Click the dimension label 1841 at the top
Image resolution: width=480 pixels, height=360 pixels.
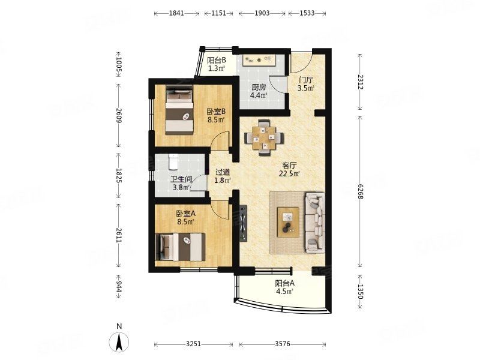[176, 13]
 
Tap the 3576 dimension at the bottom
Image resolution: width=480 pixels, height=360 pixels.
[282, 344]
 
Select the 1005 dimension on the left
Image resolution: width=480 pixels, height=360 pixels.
[119, 65]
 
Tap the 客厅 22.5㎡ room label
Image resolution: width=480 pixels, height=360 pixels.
[289, 170]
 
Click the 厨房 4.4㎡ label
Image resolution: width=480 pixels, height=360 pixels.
[259, 91]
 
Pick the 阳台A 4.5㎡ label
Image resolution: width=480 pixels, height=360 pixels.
[284, 287]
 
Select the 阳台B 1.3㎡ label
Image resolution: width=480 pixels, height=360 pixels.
[217, 64]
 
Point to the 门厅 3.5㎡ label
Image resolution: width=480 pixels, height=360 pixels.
[306, 84]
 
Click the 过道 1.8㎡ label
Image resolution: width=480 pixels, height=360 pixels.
[222, 176]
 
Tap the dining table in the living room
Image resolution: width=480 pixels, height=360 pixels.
[263, 138]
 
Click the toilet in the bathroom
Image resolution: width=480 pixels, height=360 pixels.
[173, 162]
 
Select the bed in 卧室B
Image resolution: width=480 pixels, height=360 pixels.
[179, 110]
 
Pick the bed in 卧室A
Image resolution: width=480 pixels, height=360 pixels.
[180, 247]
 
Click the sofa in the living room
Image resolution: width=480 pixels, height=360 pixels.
[314, 222]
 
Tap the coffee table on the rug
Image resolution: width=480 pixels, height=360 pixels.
[288, 222]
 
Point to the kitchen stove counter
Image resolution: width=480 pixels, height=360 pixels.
[260, 61]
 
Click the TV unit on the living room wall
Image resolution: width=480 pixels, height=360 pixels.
[243, 223]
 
